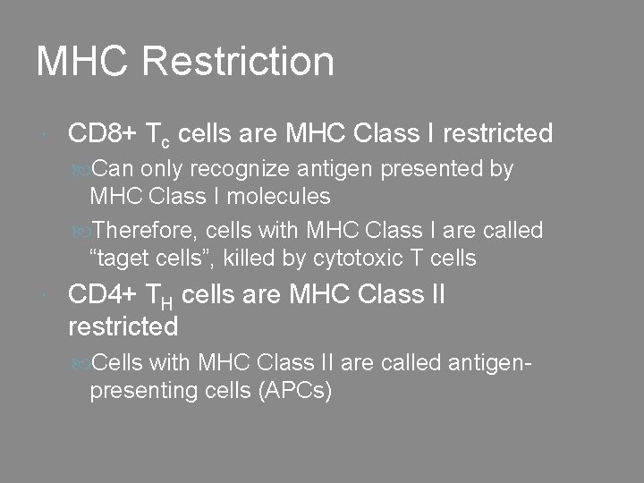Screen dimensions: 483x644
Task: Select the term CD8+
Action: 102,134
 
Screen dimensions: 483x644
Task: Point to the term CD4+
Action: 102,294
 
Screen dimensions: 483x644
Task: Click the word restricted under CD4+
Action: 123,326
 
